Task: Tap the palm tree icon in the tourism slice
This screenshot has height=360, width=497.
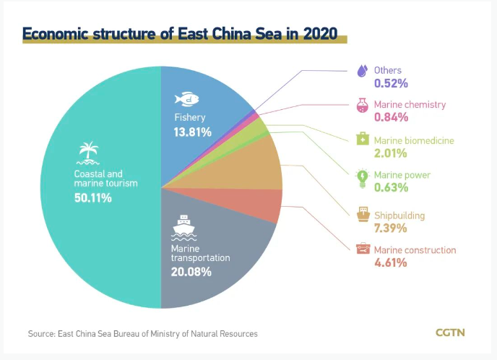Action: click(x=88, y=151)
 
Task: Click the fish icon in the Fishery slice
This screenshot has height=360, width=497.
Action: click(x=187, y=98)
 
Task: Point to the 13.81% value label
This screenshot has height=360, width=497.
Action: click(x=192, y=132)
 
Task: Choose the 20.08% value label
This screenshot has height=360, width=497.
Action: click(x=191, y=273)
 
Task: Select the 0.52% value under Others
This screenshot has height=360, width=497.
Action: click(x=391, y=83)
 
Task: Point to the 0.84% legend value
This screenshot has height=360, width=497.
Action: click(x=391, y=118)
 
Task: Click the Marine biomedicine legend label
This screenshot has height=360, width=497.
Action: click(x=414, y=140)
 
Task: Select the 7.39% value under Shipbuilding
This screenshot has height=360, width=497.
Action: click(x=391, y=228)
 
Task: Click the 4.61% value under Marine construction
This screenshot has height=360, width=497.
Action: click(x=391, y=263)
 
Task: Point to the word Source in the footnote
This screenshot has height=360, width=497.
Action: click(x=42, y=334)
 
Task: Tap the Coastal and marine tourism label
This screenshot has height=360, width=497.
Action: click(x=100, y=179)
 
